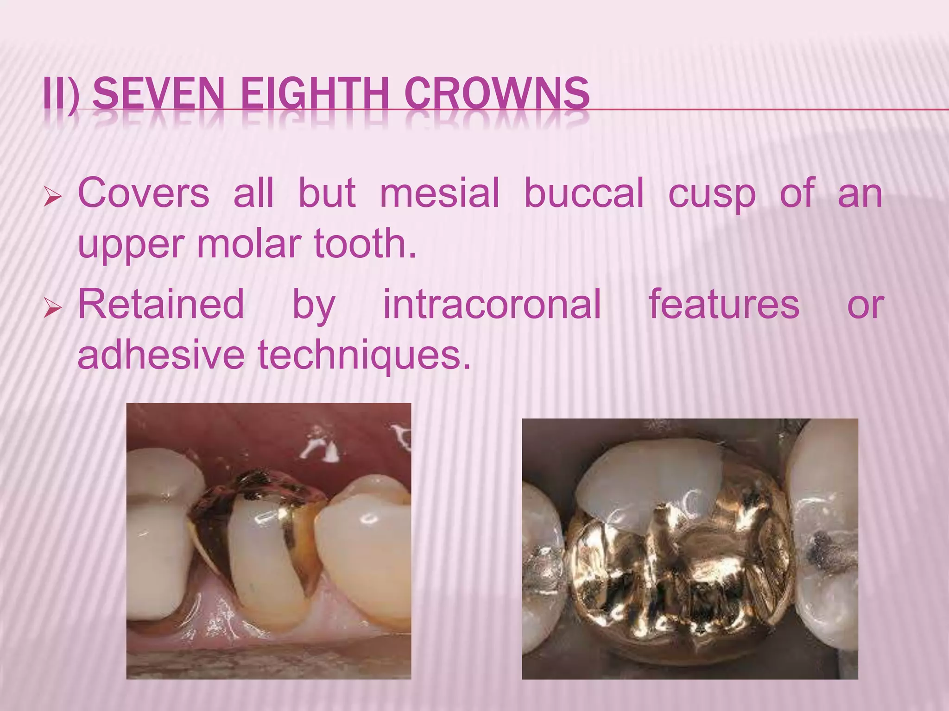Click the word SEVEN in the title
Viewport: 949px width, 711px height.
(x=158, y=94)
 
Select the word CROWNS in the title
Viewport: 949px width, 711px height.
(x=497, y=94)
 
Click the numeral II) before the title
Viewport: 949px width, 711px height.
(x=61, y=94)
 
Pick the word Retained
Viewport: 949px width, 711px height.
(x=161, y=304)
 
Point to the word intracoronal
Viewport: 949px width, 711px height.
(x=492, y=304)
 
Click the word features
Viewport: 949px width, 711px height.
(x=724, y=304)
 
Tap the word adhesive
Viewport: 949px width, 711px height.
(x=161, y=355)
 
